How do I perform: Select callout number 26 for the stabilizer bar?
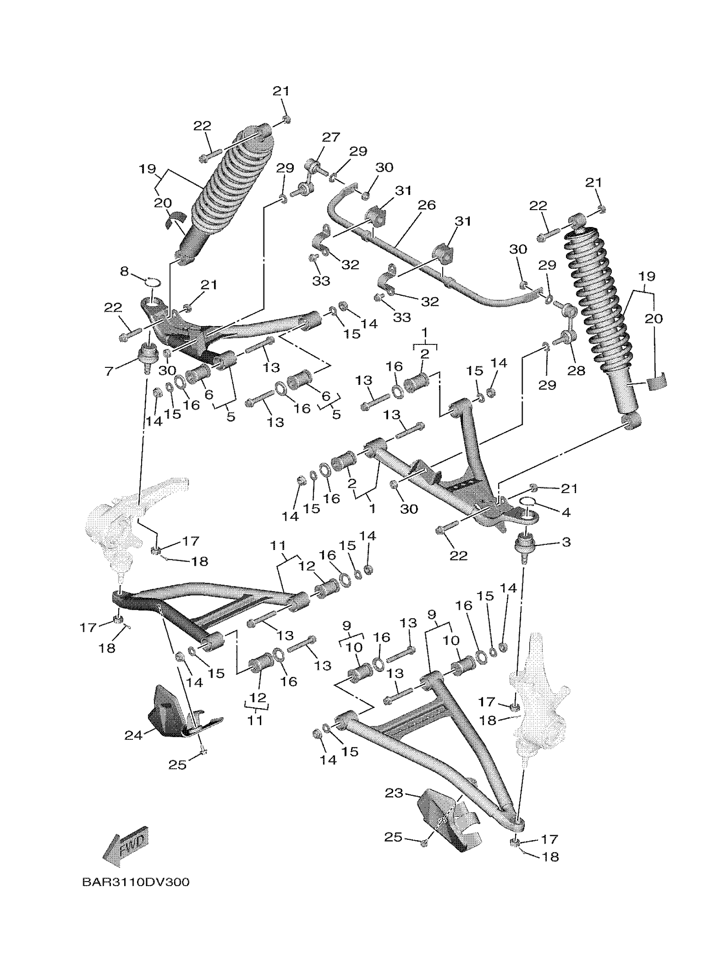(426, 205)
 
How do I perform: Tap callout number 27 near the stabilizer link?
(331, 137)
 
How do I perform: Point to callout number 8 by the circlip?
(124, 272)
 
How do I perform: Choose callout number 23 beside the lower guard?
(394, 793)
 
